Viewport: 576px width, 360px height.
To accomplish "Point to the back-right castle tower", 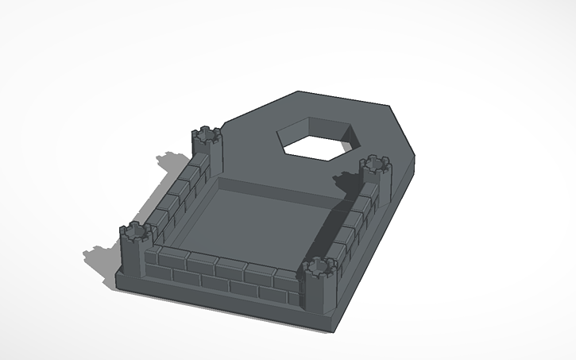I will click(x=375, y=179).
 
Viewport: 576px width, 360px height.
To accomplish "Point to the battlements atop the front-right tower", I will click(x=319, y=266).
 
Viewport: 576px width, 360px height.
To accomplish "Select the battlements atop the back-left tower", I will click(x=207, y=134).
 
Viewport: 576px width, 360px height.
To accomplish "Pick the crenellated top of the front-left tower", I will click(x=135, y=232).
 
